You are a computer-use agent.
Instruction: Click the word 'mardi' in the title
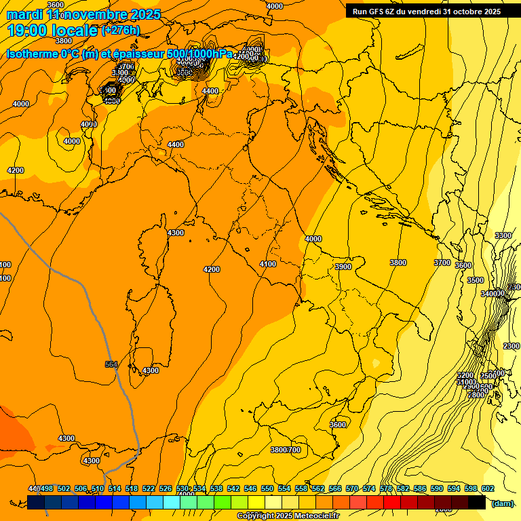pos(24,14)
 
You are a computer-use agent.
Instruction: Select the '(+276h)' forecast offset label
pos(120,30)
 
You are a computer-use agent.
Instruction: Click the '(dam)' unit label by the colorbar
pos(503,503)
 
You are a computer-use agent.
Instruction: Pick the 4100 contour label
pos(268,264)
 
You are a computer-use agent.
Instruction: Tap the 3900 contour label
pos(343,267)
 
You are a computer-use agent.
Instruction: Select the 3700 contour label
pos(442,263)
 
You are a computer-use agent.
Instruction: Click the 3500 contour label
pos(475,280)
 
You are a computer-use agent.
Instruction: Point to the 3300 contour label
pos(503,235)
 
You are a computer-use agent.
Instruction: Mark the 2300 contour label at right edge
pos(511,346)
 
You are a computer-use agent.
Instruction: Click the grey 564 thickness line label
pos(111,365)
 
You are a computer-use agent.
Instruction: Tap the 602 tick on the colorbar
pos(487,488)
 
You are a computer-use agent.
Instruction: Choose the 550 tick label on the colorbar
pos(267,488)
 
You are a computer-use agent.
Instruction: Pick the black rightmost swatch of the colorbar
pos(477,503)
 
